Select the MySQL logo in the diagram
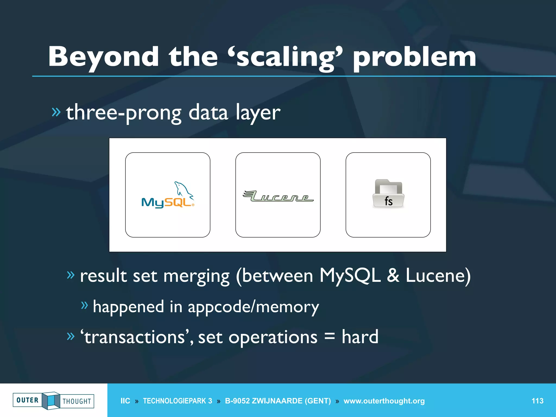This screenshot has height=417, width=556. coord(168,195)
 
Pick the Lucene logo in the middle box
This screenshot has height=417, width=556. coord(278,196)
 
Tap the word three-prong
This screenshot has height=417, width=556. coord(124,113)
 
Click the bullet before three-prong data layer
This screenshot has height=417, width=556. coord(56,112)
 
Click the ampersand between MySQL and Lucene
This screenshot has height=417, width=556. coord(393,276)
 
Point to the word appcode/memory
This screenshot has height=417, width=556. coord(253,307)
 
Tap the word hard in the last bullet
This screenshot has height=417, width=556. coord(360,337)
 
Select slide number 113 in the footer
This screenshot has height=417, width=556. coord(537,401)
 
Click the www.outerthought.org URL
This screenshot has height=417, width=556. coord(384,401)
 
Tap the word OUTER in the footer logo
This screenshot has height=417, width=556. coord(27,400)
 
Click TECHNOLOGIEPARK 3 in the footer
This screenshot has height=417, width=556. coord(178,401)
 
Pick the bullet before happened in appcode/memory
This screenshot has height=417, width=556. coord(84,305)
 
